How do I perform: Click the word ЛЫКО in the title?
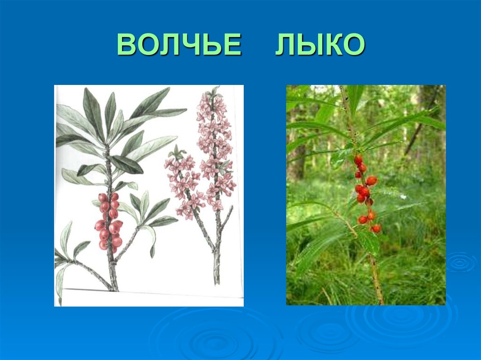pos(320,46)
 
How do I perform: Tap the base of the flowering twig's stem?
pos(217,272)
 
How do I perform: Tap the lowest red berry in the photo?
pos(376,229)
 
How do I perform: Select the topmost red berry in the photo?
pos(358,160)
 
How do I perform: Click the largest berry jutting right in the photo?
pos(372,181)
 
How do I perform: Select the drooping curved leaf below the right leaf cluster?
pos(151,239)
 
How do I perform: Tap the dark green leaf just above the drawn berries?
pos(126,165)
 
